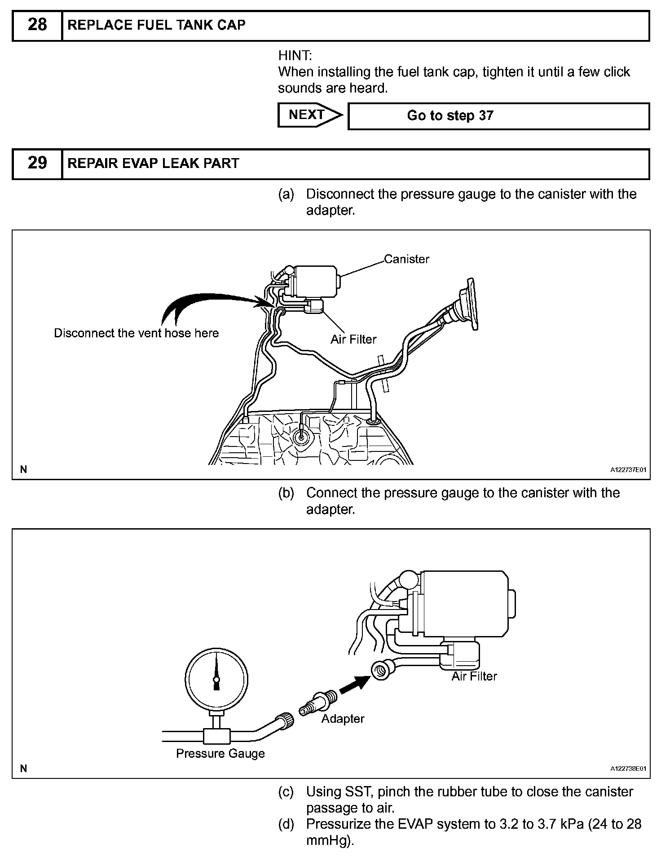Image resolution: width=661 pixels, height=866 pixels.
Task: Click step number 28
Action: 37,25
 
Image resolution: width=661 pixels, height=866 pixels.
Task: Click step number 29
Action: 37,163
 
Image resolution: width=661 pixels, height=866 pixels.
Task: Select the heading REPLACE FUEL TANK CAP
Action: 156,25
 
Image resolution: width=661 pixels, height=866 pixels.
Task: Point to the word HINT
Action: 295,56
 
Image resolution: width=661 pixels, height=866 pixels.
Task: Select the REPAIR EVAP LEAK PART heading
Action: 153,163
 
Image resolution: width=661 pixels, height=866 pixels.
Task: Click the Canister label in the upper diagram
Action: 406,259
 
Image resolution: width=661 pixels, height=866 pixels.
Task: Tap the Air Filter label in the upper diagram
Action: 353,340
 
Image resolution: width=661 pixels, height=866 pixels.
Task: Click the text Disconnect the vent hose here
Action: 136,333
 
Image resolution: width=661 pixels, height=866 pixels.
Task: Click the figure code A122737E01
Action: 628,470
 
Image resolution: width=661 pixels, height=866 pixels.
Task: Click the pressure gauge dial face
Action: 216,679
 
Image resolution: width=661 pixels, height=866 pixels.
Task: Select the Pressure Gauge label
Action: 220,753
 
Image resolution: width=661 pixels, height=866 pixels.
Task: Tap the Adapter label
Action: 343,719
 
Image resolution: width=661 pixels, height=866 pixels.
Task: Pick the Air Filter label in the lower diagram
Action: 474,676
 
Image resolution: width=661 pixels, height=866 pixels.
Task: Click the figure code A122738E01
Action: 628,769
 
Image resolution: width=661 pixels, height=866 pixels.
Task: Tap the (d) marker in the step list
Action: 286,824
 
